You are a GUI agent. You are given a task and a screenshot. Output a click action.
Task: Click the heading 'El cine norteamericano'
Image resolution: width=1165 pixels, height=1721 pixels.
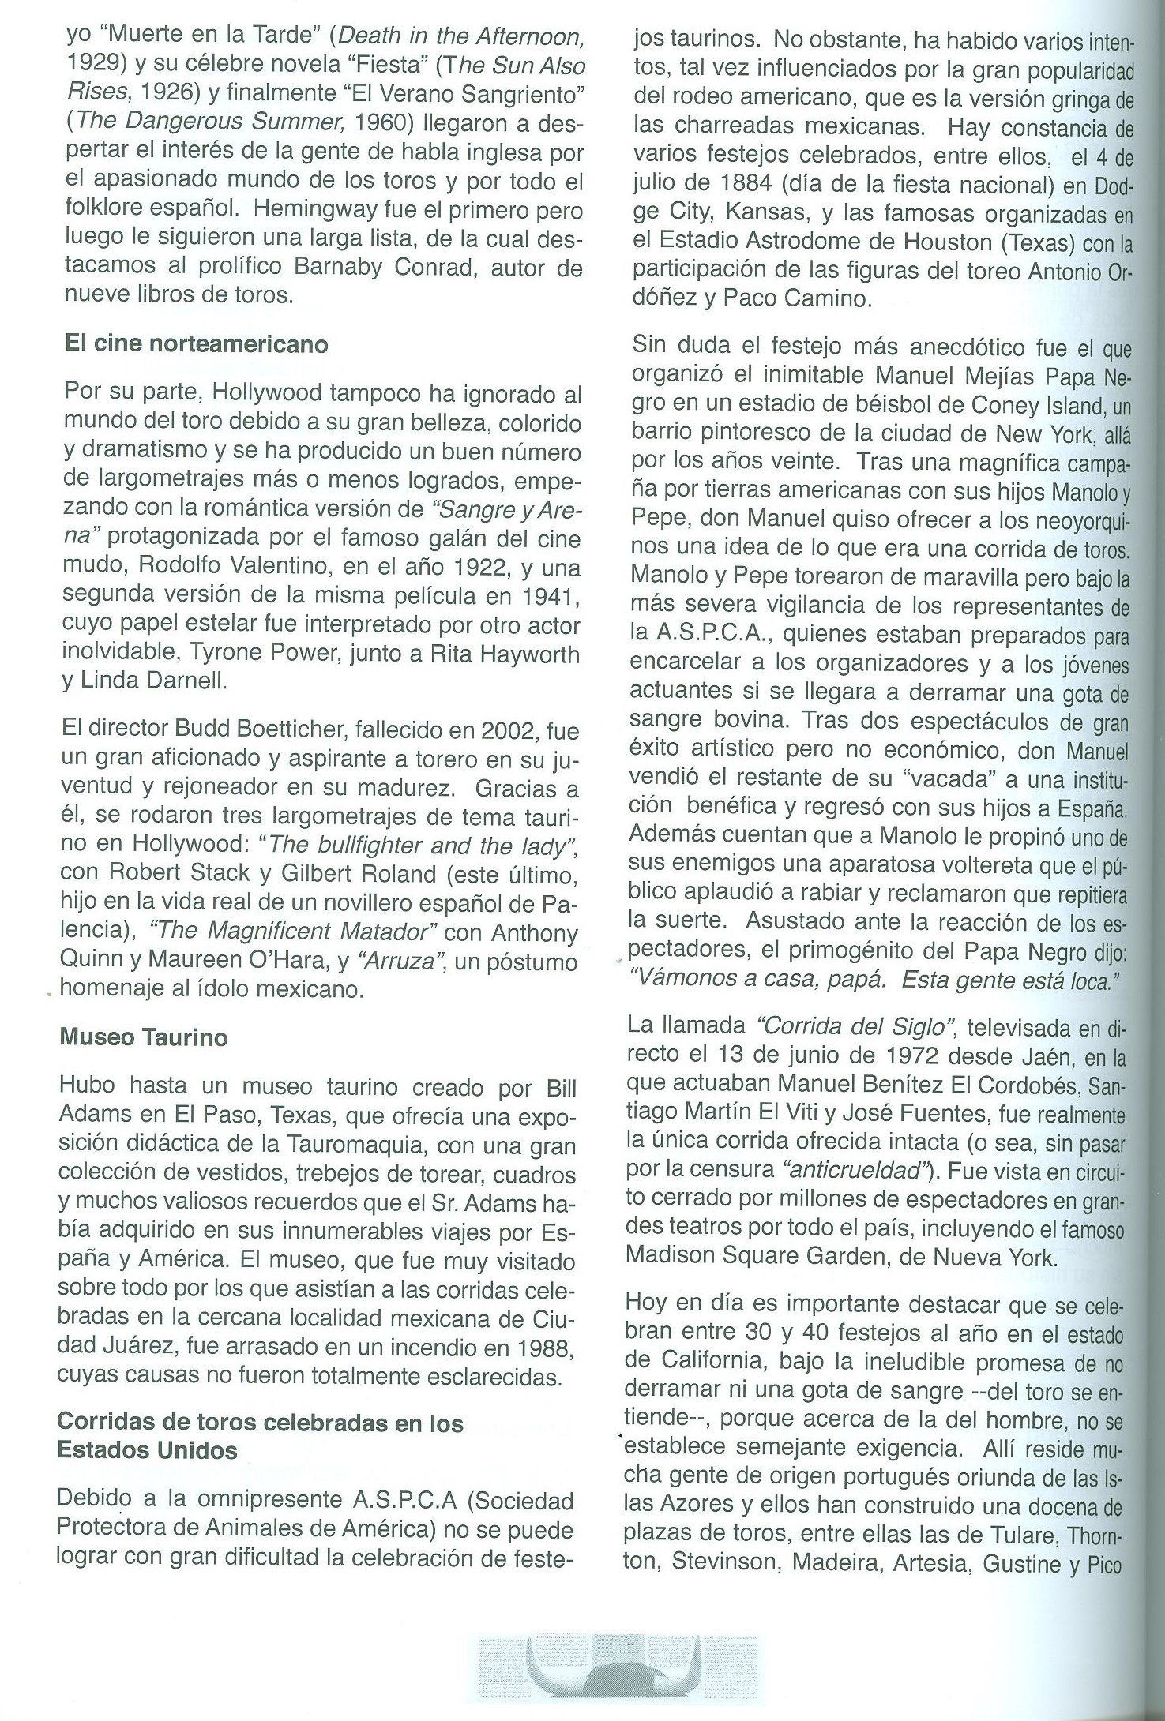(194, 344)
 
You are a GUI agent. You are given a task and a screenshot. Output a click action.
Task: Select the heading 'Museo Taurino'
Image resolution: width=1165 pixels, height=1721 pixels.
(144, 1037)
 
